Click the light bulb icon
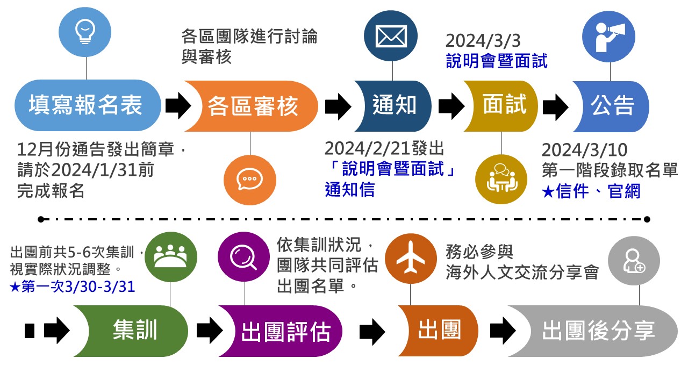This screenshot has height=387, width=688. point(86,32)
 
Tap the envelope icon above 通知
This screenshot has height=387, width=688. point(391,35)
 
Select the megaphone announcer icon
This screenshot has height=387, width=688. point(610,36)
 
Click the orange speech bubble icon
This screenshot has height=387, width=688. point(249,179)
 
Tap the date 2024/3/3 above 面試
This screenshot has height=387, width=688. point(483,41)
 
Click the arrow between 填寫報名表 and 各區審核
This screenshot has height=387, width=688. point(177,106)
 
